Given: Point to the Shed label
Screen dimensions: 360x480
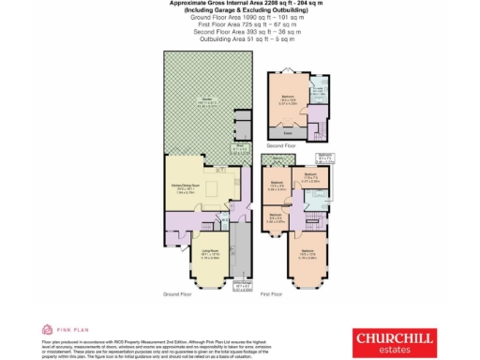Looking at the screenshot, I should [240, 147].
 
